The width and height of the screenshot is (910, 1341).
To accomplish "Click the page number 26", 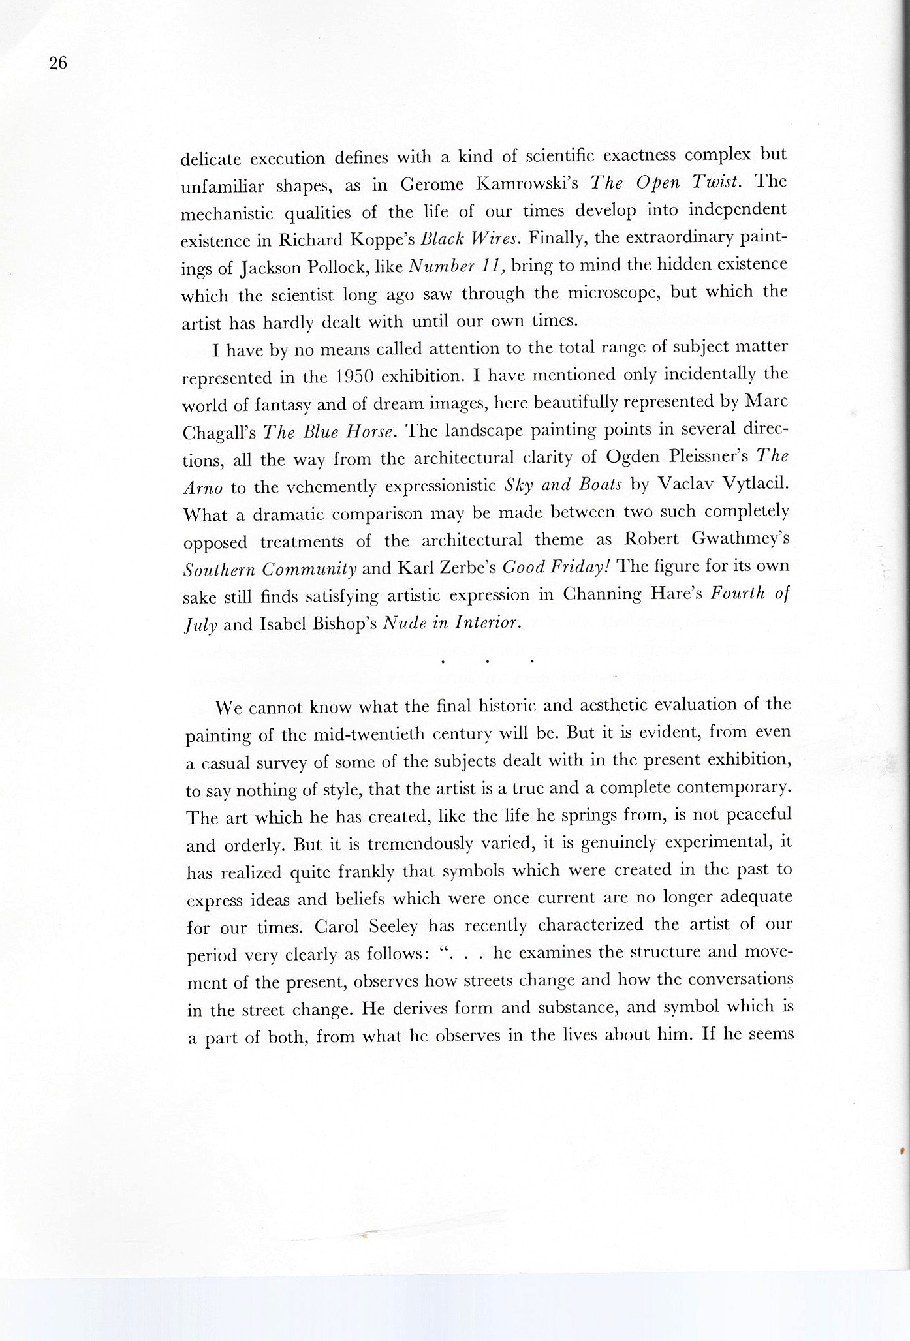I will pos(57,63).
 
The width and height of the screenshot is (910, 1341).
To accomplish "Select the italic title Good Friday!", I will pos(556,568).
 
